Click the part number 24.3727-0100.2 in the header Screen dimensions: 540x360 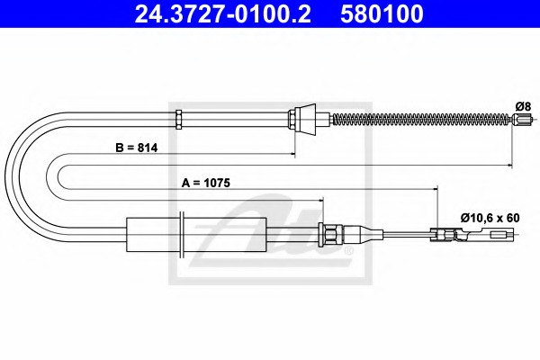pyautogui.click(x=222, y=13)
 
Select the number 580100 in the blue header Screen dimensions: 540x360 pyautogui.click(x=382, y=13)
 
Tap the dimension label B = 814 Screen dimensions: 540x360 pyautogui.click(x=137, y=148)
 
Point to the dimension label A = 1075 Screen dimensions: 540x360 pyautogui.click(x=206, y=183)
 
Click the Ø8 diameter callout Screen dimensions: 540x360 pyautogui.click(x=523, y=106)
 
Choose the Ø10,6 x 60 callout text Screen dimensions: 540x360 pyautogui.click(x=490, y=218)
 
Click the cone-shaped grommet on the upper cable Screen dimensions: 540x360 pyautogui.click(x=306, y=119)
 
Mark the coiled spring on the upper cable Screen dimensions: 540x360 pyautogui.click(x=421, y=119)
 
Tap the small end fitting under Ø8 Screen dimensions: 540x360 pyautogui.click(x=522, y=119)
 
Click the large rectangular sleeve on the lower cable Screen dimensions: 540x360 pyautogui.click(x=196, y=235)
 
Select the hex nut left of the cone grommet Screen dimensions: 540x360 pyautogui.click(x=292, y=119)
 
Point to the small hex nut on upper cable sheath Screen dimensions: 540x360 pyautogui.click(x=178, y=119)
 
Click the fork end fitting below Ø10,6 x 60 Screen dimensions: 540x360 pyautogui.click(x=474, y=235)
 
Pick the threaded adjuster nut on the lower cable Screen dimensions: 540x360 pyautogui.click(x=331, y=235)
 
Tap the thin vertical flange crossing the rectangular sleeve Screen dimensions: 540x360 pyautogui.click(x=182, y=235)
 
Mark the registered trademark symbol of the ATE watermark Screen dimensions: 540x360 pyautogui.click(x=349, y=250)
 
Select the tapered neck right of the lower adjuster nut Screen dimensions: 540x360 pyautogui.click(x=363, y=235)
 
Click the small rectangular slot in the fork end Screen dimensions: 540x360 pyautogui.click(x=499, y=236)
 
